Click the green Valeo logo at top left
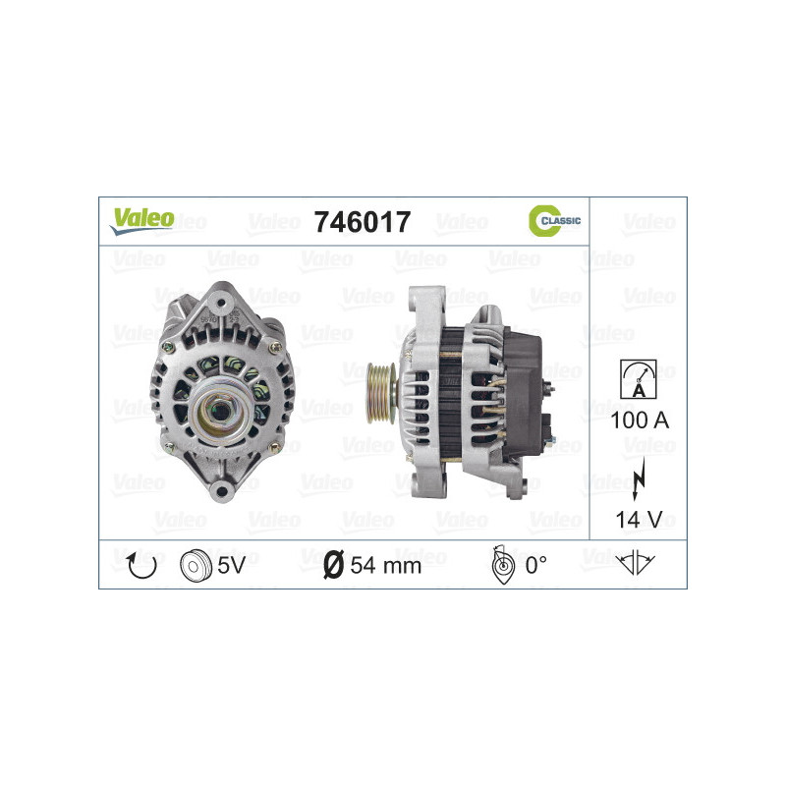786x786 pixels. pos(142,220)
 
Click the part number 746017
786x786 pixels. pos(361,222)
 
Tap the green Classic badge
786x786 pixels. pos(555,220)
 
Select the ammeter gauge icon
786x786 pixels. pos(638,378)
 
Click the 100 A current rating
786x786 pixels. pos(638,421)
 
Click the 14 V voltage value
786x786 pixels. pos(638,518)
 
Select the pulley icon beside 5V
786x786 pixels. pos(196,565)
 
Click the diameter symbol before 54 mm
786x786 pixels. pos(332,565)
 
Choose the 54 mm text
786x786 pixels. pos(385,565)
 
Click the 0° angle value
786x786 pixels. pos(535,565)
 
